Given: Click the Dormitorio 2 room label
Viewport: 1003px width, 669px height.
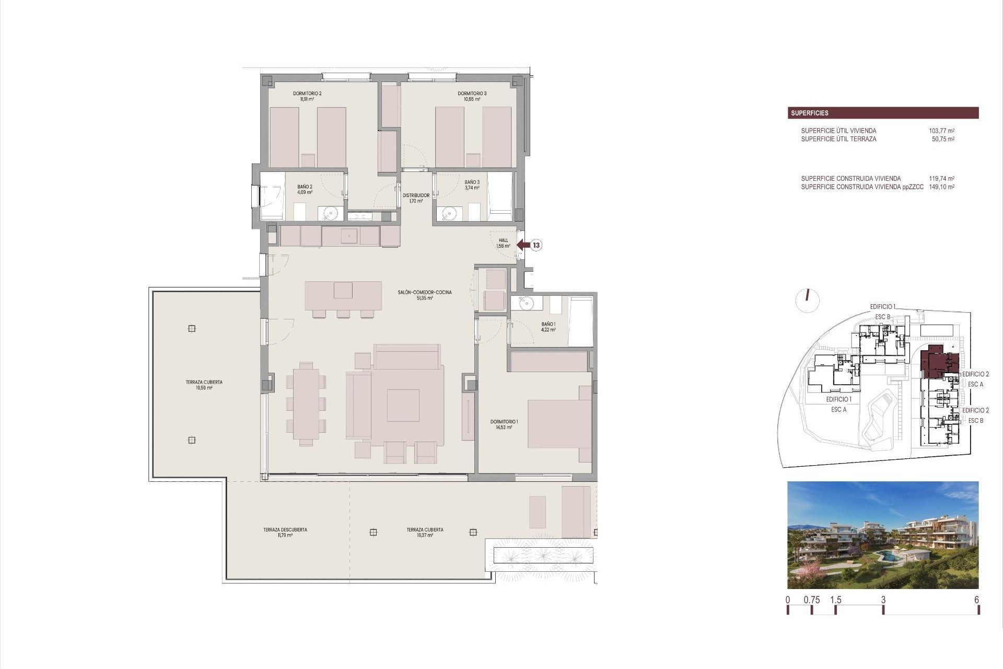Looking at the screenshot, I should point(307,96).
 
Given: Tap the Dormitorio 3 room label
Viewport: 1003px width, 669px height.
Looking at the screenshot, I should point(472,96).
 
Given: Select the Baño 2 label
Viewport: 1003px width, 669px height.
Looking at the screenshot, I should point(305,189).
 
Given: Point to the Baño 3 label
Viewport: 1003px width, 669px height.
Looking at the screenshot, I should point(472,185).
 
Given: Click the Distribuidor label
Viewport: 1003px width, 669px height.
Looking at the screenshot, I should point(416,198).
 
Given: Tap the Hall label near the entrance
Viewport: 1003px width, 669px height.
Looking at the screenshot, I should point(503,243).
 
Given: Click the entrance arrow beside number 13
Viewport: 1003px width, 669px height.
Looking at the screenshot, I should point(523,245).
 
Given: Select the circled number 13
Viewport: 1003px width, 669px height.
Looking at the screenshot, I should point(536,245).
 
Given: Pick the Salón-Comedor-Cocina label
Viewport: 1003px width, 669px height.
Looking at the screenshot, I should point(425,295).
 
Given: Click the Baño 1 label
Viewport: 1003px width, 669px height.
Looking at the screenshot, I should point(548,327).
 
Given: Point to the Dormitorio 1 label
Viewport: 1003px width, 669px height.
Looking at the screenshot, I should point(504,424).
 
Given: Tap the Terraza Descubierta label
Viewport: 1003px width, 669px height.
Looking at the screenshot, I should point(285,532).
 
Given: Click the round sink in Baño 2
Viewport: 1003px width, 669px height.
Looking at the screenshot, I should point(330,213).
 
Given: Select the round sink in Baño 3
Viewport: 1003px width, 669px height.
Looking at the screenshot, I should point(449,213).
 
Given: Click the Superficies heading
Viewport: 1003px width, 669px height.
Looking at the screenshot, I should point(809,113).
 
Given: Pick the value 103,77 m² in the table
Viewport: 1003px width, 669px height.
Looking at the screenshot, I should point(941,131).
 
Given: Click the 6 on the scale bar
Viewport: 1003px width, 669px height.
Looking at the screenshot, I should point(976,600).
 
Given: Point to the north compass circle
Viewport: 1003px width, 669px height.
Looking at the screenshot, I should point(808,300).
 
